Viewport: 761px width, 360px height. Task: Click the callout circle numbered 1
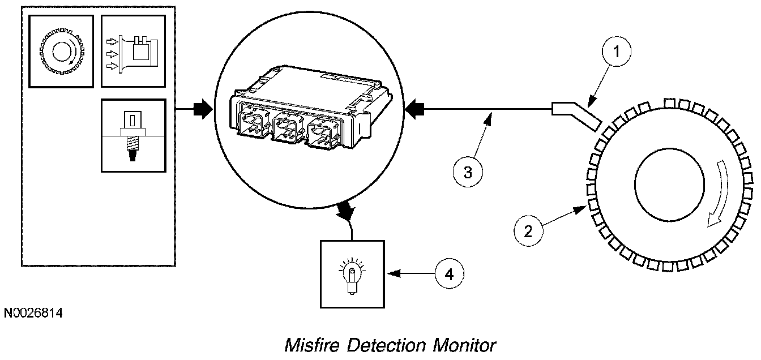click(616, 52)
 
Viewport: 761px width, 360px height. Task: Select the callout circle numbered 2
click(528, 232)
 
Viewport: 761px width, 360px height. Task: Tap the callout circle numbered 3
click(468, 172)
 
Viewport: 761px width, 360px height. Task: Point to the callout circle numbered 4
click(450, 274)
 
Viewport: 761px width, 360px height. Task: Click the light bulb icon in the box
click(352, 275)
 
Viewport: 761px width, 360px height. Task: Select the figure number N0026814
click(33, 313)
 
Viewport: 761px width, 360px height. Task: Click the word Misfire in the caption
click(312, 345)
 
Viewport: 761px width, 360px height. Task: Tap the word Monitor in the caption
click(464, 345)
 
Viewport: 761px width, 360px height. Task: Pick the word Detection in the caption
click(386, 345)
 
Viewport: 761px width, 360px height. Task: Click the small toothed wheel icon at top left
click(62, 52)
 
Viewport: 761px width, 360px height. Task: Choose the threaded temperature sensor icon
click(133, 136)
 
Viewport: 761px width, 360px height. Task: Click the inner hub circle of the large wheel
click(669, 185)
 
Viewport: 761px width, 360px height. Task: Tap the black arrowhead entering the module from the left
click(203, 109)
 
